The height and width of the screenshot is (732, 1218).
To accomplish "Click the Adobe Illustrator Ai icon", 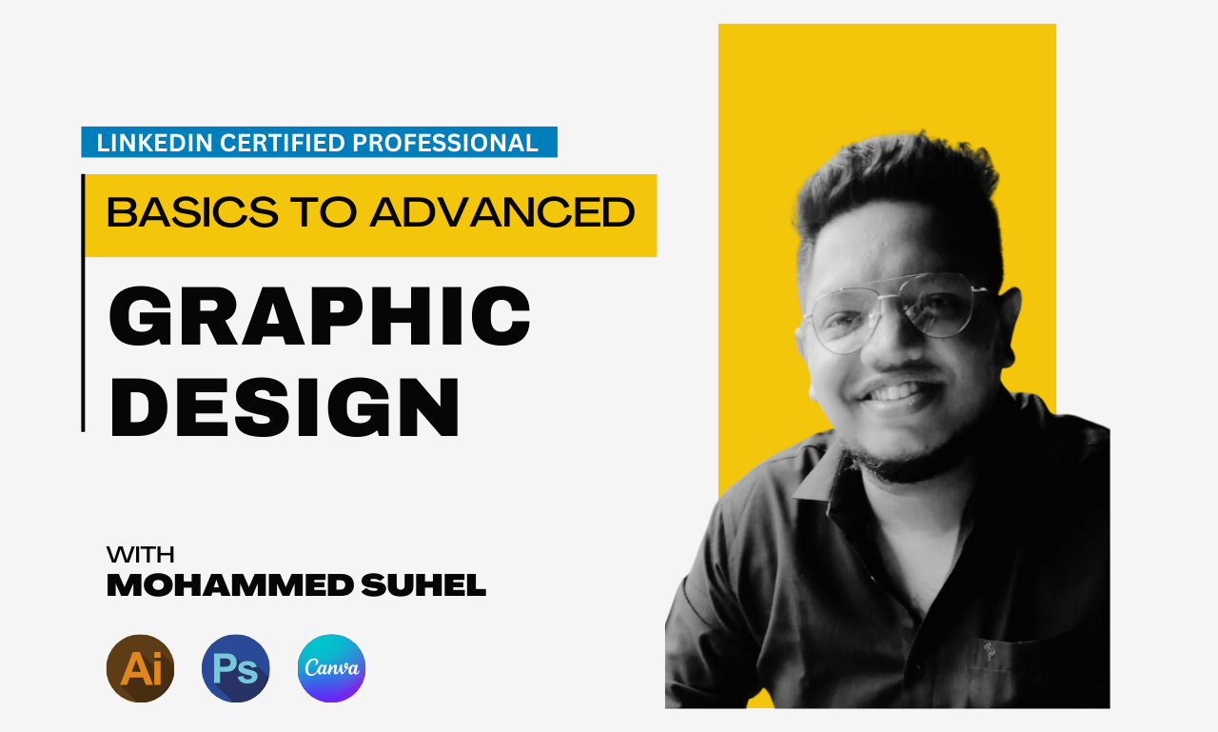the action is (140, 668).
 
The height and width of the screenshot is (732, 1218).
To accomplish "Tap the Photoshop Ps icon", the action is (235, 668).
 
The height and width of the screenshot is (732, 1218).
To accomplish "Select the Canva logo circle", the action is (332, 668).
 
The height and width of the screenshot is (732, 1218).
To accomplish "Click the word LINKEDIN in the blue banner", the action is (154, 143).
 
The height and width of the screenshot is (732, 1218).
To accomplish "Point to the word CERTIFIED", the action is (283, 143).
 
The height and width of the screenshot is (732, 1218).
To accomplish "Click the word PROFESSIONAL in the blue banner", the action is (445, 143).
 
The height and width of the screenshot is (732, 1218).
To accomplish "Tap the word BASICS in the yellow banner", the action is (192, 212).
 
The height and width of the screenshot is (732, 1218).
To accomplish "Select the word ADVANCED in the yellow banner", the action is (502, 212).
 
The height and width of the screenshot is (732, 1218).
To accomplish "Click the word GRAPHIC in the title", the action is (320, 316).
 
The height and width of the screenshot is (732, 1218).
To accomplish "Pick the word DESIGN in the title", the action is (285, 406).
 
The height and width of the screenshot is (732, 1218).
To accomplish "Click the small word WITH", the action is (140, 555).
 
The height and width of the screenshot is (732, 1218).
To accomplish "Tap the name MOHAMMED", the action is (230, 585).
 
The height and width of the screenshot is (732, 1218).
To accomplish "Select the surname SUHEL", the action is (423, 585).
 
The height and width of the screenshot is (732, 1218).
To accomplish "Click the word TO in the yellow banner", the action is (324, 212).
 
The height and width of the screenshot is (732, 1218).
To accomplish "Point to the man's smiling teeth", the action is (897, 392).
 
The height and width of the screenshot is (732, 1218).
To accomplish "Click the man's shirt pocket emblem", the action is (990, 651).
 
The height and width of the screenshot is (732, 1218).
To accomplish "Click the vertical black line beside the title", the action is (83, 303).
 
